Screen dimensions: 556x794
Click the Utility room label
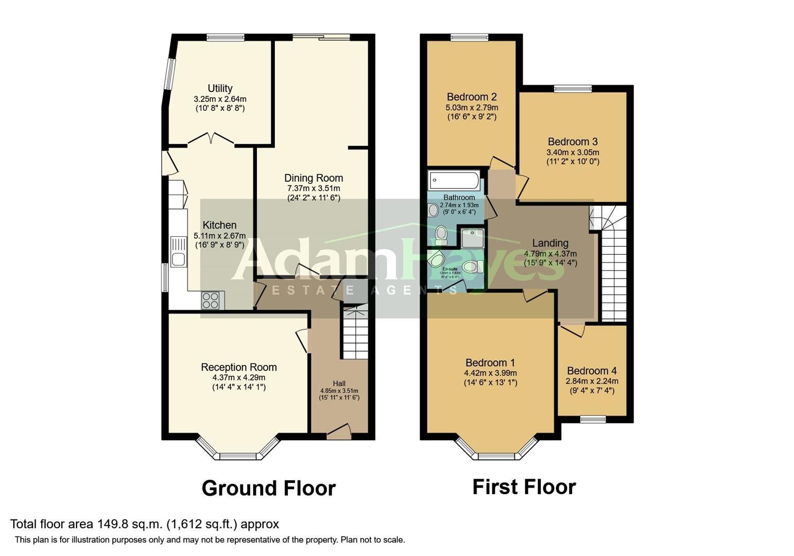(x=220, y=88)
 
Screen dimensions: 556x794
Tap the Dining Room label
(x=313, y=178)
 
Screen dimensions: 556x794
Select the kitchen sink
(x=179, y=252)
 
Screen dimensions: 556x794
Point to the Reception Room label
(x=238, y=367)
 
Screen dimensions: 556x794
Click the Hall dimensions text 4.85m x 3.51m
(x=339, y=391)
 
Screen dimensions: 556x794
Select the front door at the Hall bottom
(x=339, y=431)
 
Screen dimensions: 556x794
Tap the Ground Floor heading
(x=268, y=488)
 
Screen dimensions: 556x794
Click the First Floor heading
(x=524, y=486)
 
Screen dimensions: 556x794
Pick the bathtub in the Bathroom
(x=454, y=181)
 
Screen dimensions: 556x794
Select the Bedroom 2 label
(x=471, y=97)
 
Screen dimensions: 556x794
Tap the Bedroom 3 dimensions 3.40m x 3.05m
(x=572, y=152)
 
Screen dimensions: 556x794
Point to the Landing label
(x=550, y=243)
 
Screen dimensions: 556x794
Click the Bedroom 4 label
(x=591, y=371)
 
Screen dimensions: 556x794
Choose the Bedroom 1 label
(x=490, y=362)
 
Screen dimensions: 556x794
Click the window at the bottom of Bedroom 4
(x=593, y=419)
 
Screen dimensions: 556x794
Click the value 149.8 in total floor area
(x=111, y=524)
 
